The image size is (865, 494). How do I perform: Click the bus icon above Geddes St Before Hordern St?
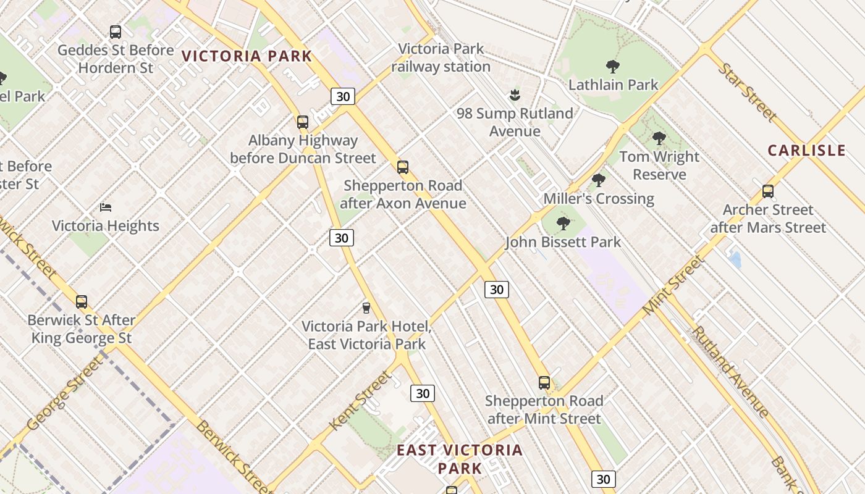tap(115, 32)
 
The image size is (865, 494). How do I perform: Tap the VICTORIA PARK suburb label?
tap(247, 56)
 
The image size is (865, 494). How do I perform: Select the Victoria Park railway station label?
tap(441, 57)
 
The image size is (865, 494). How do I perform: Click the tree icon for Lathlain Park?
tap(612, 66)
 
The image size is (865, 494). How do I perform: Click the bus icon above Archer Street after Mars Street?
tap(767, 191)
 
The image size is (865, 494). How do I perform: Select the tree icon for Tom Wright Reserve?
tap(659, 138)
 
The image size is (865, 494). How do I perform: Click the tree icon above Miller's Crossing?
tap(597, 180)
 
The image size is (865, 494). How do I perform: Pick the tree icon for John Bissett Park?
tap(562, 224)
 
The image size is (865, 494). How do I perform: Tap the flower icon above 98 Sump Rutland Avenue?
tap(514, 95)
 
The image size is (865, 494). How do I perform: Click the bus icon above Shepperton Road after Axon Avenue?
tap(403, 167)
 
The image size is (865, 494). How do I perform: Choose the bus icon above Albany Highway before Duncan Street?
tap(302, 122)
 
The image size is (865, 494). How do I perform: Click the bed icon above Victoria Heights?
tap(106, 207)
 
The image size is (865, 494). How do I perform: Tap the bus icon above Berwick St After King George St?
tap(82, 302)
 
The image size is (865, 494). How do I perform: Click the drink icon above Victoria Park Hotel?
tap(366, 308)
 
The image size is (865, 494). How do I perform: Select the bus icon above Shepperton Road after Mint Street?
tap(544, 383)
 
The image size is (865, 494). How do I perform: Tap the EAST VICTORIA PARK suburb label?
tap(459, 459)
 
